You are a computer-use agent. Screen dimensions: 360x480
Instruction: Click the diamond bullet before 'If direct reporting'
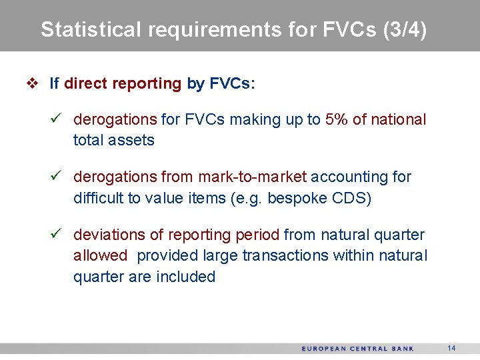[32, 84]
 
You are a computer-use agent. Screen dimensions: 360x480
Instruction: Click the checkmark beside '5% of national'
[57, 119]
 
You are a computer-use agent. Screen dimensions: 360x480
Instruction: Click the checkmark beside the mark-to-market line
[57, 177]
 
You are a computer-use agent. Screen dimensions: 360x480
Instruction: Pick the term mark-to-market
[252, 177]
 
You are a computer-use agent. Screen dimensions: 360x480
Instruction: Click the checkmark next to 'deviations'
[57, 235]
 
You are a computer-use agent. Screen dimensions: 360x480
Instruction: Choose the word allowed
[100, 255]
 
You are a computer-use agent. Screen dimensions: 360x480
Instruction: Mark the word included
[185, 277]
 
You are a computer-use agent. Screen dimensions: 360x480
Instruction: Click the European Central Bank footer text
[357, 349]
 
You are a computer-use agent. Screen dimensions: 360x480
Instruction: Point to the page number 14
[451, 348]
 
